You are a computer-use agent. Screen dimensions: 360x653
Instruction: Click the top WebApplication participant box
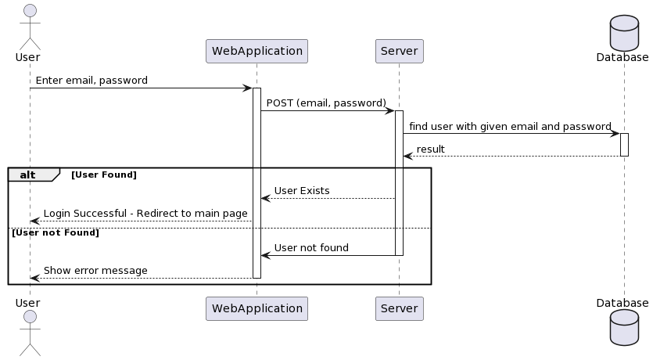(x=257, y=52)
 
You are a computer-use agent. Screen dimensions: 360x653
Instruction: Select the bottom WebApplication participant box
(x=257, y=308)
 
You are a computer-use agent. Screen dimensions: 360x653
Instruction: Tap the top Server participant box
(x=399, y=52)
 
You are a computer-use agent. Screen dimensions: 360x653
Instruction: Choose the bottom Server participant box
(x=399, y=308)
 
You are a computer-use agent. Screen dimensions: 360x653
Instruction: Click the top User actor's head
(x=30, y=10)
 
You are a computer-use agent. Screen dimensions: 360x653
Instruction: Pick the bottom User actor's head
(x=30, y=316)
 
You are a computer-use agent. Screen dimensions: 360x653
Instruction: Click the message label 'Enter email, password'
(x=91, y=81)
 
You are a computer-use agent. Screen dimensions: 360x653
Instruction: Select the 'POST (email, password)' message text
(x=326, y=103)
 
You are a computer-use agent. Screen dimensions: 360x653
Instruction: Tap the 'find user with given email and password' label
(x=510, y=126)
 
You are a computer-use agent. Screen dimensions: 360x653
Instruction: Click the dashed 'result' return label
(x=430, y=149)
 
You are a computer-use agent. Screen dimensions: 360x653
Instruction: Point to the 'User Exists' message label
(x=301, y=191)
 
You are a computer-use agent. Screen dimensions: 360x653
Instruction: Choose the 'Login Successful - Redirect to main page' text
(x=145, y=214)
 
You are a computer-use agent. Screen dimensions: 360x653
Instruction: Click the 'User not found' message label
(x=311, y=248)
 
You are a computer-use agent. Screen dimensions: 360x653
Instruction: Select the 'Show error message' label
(x=95, y=271)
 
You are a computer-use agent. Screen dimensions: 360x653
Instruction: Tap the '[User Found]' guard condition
(x=103, y=175)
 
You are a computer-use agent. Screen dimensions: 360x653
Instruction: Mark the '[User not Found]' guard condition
(x=55, y=232)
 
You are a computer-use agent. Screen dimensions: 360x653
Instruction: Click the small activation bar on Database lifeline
(x=624, y=144)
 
